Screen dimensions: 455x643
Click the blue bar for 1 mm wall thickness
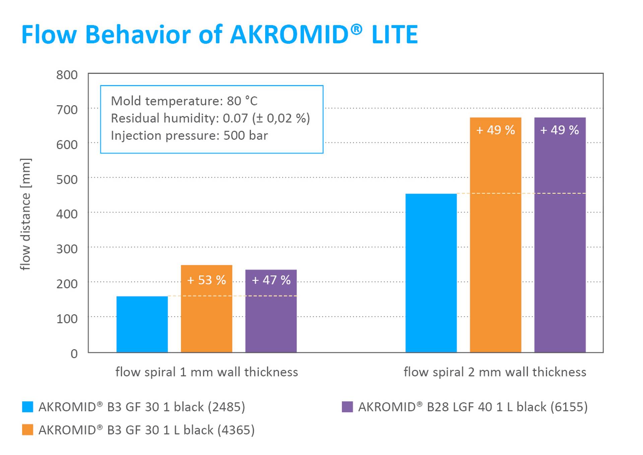[x=142, y=324]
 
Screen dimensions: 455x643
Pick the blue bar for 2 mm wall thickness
[x=431, y=273]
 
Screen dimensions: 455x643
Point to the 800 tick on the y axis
[x=67, y=75]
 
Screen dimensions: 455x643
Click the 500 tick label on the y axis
[x=67, y=179]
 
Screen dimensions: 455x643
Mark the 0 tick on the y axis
[x=74, y=354]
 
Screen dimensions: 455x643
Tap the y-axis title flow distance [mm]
[x=25, y=214]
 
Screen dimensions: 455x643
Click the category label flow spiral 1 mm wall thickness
[x=207, y=372]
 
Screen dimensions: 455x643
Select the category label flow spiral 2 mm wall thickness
[x=495, y=372]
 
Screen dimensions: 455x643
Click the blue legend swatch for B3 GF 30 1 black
[x=28, y=407]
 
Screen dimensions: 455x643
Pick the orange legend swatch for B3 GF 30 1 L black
[x=28, y=430]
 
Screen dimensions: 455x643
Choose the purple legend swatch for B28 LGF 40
[x=347, y=407]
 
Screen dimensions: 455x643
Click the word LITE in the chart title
[x=395, y=34]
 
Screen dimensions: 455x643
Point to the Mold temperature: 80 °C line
[x=184, y=101]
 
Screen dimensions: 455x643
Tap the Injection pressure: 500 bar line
[x=189, y=136]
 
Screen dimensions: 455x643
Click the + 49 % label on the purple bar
[x=560, y=130]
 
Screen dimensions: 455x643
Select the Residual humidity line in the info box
[x=210, y=118]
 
